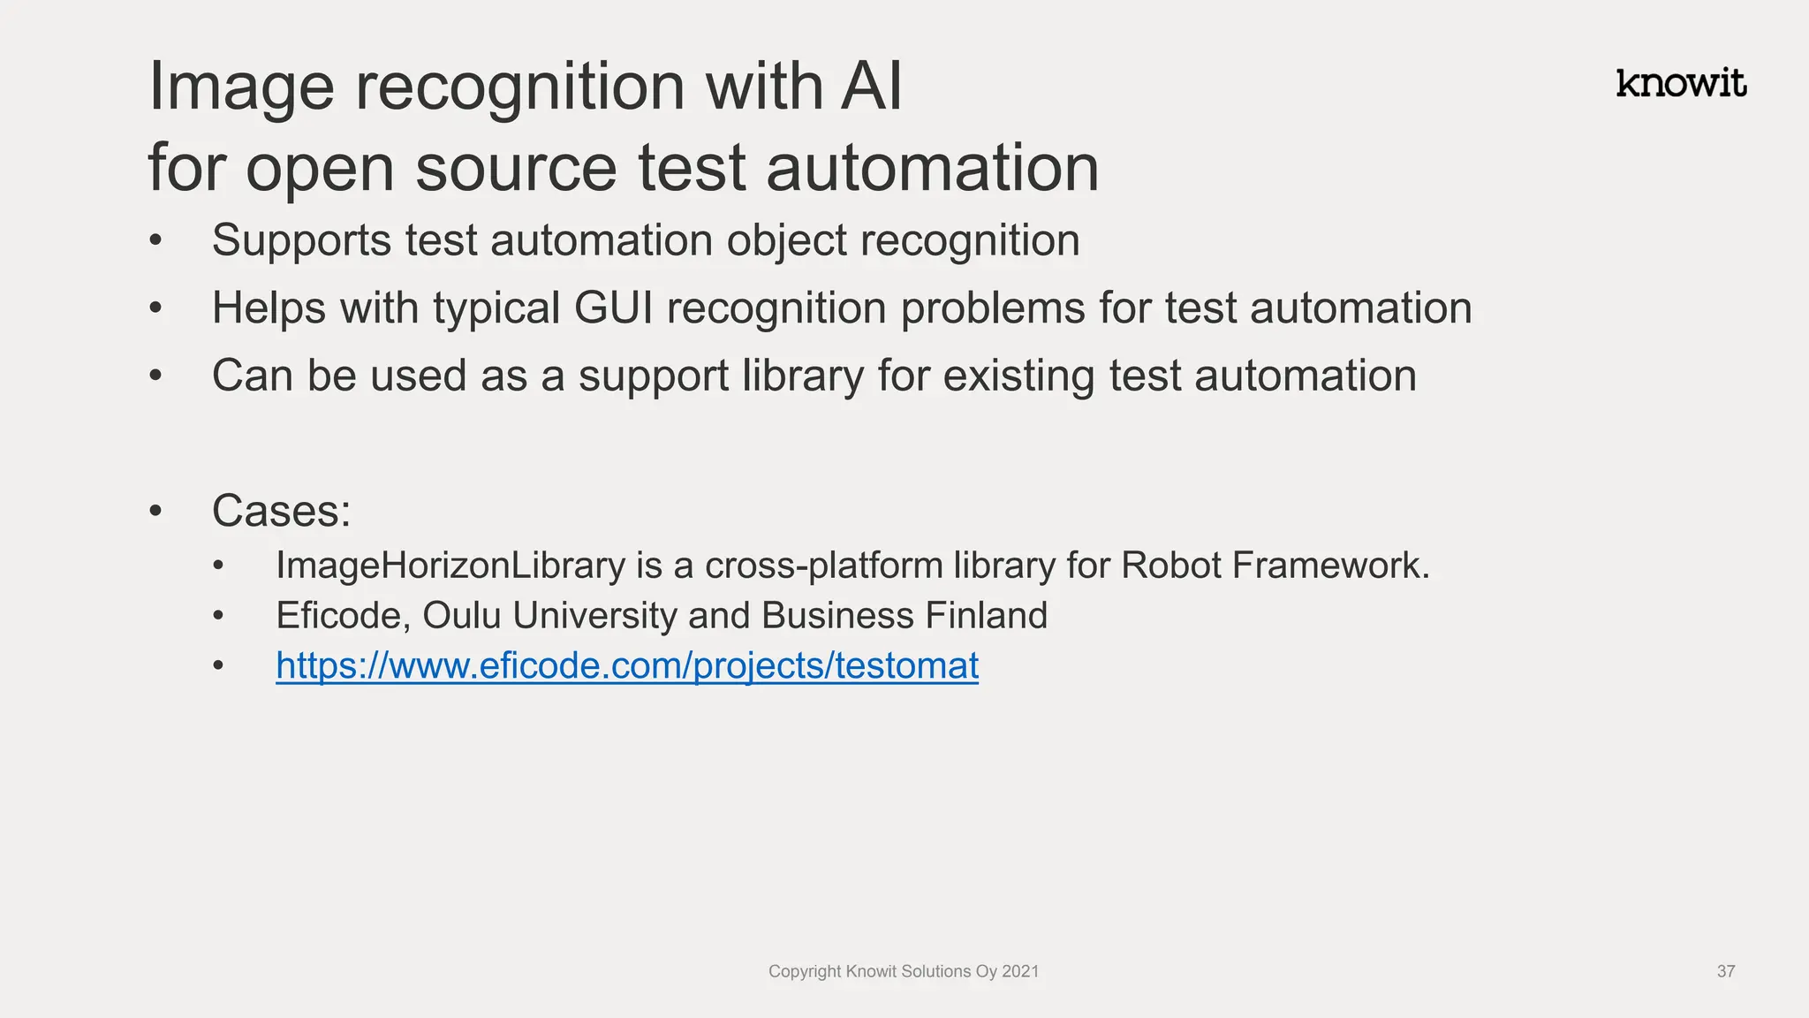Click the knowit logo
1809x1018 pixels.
point(1681,83)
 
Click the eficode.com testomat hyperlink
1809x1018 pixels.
point(627,665)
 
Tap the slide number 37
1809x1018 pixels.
point(1726,971)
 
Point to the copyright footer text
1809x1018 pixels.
point(904,971)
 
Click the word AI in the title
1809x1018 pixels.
point(871,87)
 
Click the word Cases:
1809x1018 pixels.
point(281,511)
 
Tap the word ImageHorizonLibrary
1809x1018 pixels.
point(450,566)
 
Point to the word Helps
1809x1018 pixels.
point(269,308)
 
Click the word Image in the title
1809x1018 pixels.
point(241,87)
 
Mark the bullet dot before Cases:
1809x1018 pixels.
point(156,511)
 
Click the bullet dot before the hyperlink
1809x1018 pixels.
point(219,665)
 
